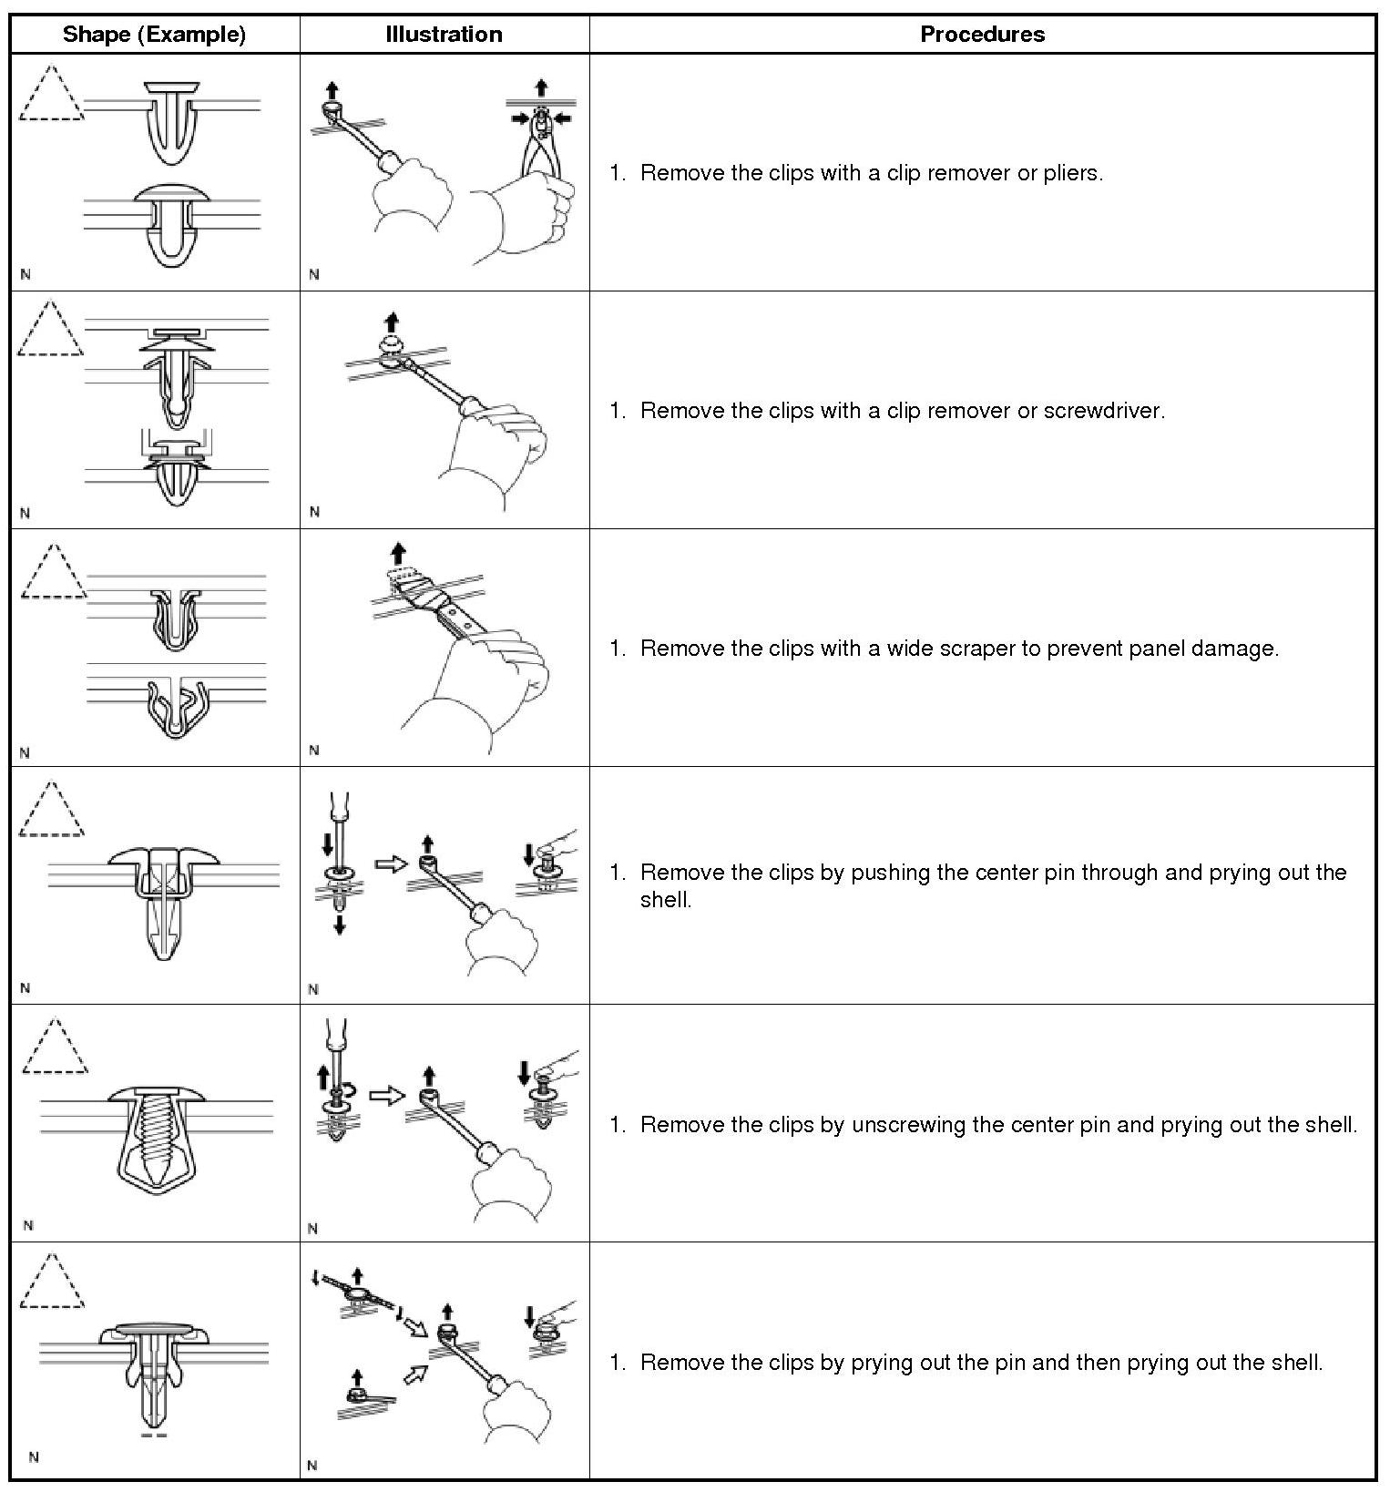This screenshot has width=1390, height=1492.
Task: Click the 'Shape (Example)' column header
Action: coord(154,35)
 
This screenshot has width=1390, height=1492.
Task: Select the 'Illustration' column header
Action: coord(444,35)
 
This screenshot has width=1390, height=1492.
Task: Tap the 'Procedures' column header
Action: coord(982,35)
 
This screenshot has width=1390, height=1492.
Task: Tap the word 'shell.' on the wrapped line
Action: coord(666,900)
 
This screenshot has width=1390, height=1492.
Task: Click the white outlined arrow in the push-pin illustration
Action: coord(390,864)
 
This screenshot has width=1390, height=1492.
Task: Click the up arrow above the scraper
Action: coord(397,553)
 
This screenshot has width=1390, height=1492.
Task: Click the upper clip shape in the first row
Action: coord(172,118)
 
